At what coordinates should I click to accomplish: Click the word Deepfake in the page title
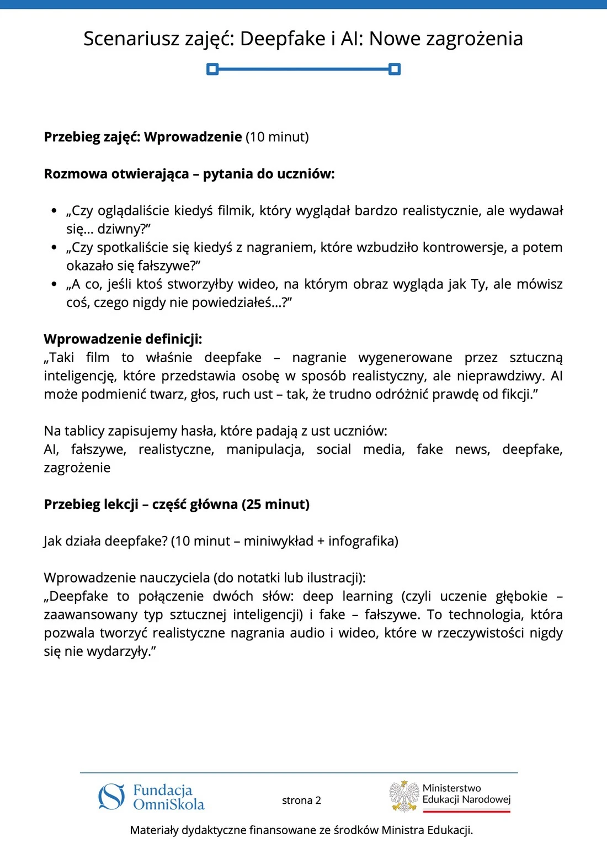coord(283,39)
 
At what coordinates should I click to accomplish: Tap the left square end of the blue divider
coord(212,69)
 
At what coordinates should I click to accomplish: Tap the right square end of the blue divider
coord(395,69)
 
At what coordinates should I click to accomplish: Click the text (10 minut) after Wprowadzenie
coord(277,137)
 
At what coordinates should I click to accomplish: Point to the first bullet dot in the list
coord(54,211)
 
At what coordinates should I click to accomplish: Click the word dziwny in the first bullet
coord(121,229)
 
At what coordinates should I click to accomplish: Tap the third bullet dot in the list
coord(54,284)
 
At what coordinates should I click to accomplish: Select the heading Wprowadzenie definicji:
coord(123,339)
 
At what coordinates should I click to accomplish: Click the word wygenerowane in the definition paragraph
coord(405,358)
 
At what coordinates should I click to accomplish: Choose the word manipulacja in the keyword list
coord(265,449)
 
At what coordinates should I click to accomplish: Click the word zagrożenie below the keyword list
coord(77,468)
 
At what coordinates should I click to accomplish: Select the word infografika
coord(363,541)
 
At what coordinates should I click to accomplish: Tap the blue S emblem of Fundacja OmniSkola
coord(111,797)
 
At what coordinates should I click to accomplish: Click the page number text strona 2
coord(301,800)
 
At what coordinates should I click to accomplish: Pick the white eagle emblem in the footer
coord(404,796)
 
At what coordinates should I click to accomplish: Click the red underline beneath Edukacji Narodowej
coord(467,812)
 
